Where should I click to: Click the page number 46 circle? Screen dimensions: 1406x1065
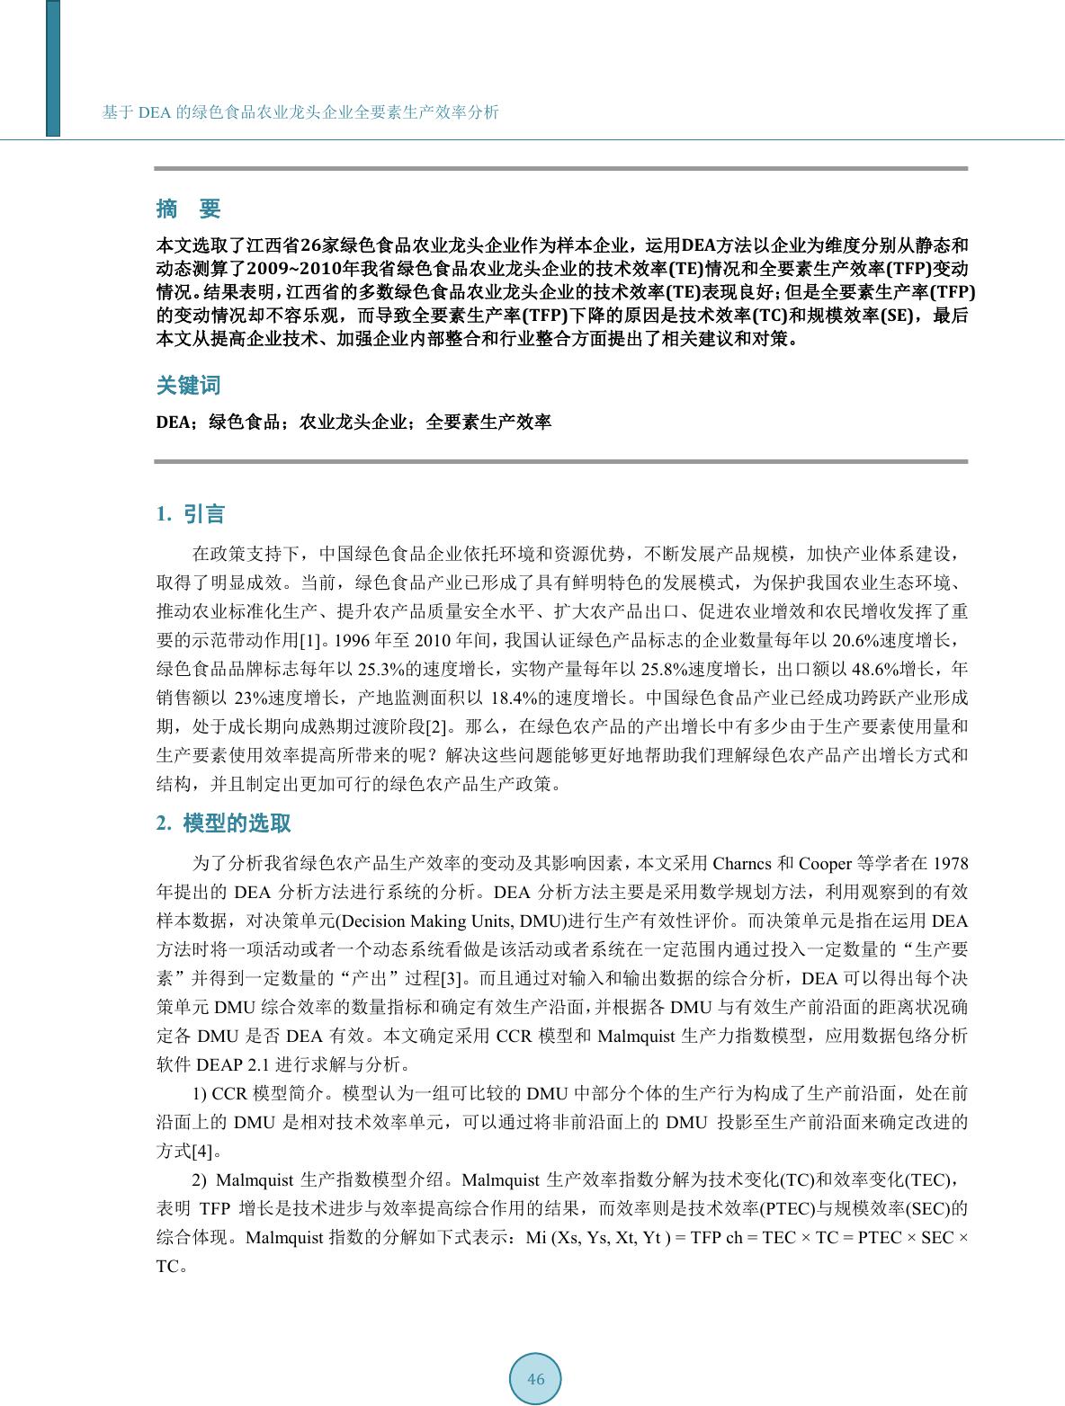[535, 1379]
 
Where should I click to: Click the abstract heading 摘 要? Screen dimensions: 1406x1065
[188, 209]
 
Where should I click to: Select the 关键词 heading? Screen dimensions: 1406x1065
[188, 386]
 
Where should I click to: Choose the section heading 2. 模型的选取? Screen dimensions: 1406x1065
[223, 823]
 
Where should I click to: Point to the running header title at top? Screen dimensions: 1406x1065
[300, 112]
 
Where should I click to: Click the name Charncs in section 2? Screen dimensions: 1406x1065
[742, 864]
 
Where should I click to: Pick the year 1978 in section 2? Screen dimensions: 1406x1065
[950, 864]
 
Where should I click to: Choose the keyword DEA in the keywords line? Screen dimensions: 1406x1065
[173, 422]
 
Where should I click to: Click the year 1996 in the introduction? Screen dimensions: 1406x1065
[351, 640]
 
